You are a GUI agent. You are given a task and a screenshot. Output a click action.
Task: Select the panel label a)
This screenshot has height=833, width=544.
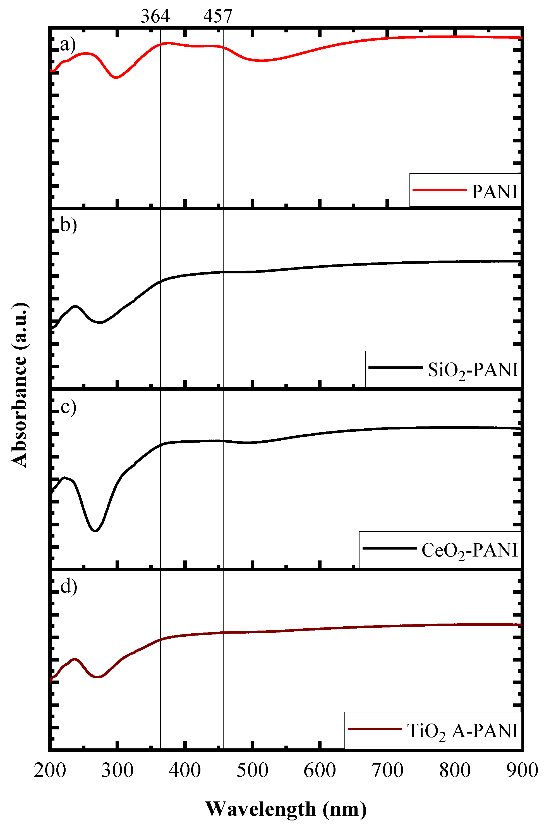(x=68, y=44)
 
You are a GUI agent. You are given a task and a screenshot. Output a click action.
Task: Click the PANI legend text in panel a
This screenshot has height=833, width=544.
(x=494, y=192)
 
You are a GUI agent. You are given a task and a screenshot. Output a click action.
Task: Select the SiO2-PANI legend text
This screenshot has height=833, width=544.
(x=473, y=370)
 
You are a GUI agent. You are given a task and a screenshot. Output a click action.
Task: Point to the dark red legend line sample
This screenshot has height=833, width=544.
(x=375, y=729)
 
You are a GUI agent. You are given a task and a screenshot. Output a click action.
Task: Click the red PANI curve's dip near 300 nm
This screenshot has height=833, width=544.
(x=116, y=77)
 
